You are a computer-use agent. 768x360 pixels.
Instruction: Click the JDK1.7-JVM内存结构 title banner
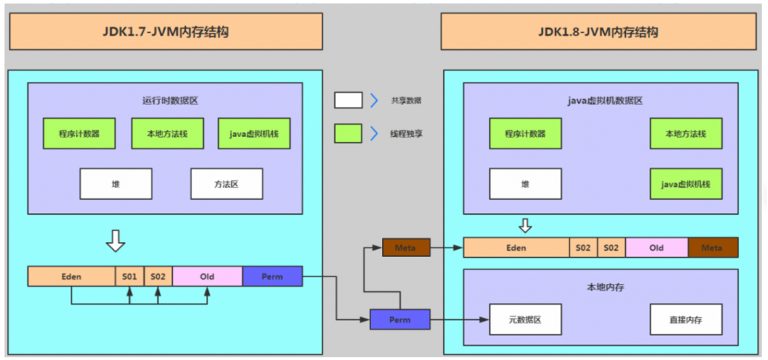click(165, 32)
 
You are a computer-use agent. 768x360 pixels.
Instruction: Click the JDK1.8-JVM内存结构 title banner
click(598, 32)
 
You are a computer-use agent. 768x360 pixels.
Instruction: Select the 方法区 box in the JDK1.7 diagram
click(227, 184)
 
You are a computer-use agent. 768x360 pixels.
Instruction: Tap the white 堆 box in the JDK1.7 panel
click(116, 184)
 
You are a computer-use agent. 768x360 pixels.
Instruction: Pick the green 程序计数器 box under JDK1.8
click(525, 134)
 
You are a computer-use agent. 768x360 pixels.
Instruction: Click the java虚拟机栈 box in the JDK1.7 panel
click(254, 134)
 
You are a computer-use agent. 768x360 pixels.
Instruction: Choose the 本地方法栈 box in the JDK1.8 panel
click(686, 134)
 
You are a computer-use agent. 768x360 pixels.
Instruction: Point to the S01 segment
click(129, 276)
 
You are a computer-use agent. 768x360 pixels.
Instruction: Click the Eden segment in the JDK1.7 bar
click(71, 276)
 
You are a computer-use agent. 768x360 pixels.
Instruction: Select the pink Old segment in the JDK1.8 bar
click(656, 248)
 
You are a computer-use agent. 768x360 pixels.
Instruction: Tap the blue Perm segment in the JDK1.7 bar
click(272, 276)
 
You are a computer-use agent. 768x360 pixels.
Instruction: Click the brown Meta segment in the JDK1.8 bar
click(713, 248)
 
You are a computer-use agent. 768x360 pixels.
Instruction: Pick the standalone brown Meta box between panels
click(405, 248)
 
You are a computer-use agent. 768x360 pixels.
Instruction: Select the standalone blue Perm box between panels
click(399, 319)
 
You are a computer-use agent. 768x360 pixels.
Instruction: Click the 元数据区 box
click(525, 319)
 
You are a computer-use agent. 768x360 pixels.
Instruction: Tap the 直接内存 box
click(686, 319)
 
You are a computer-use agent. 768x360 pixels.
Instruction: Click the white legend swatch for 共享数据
click(348, 100)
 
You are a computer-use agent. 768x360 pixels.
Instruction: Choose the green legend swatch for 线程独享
click(348, 134)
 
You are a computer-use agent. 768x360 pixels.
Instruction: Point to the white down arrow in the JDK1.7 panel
click(116, 241)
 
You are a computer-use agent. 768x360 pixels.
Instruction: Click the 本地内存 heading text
click(601, 287)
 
